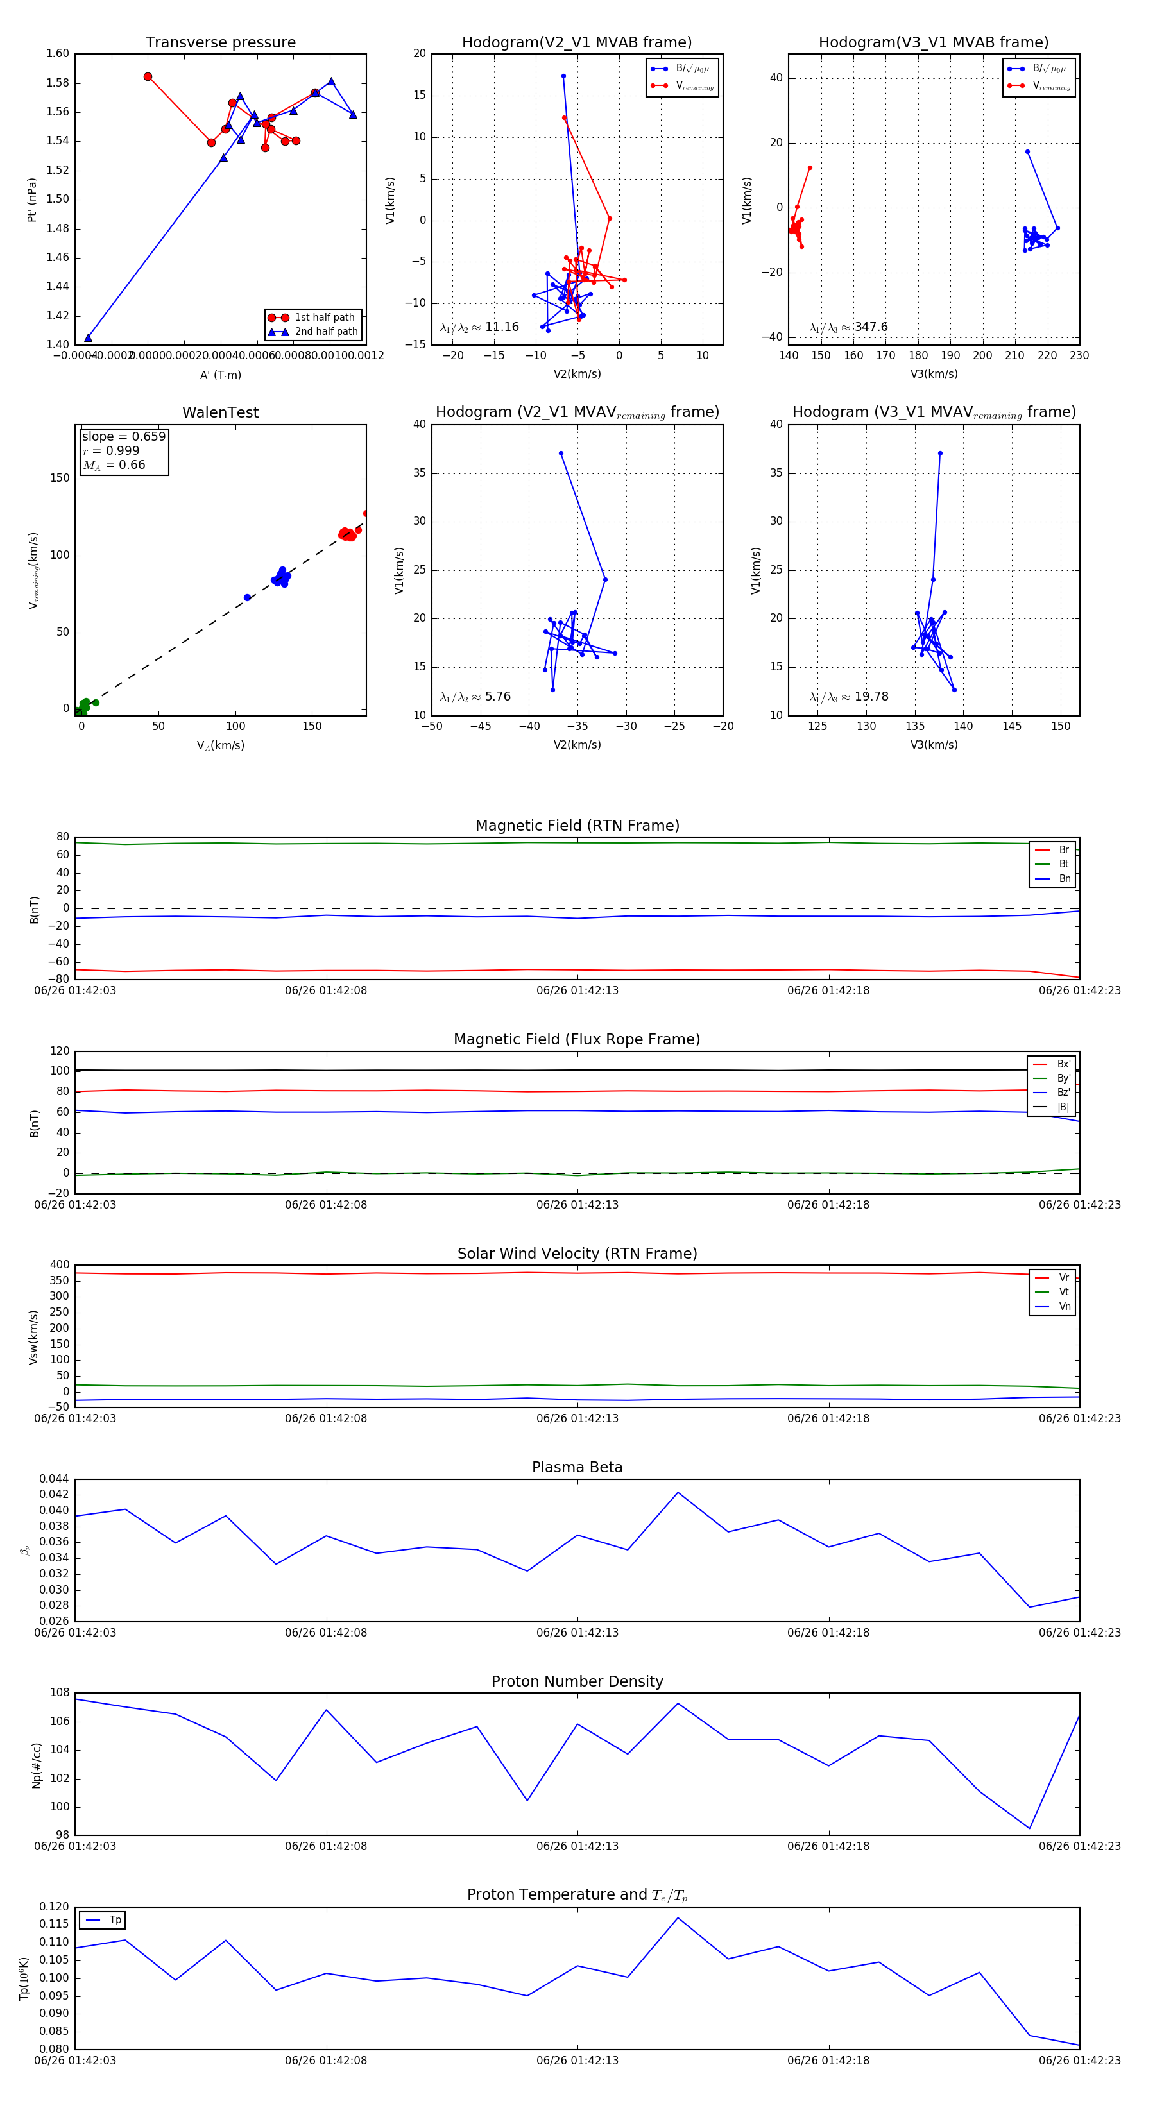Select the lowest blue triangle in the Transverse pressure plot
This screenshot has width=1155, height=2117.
tap(88, 338)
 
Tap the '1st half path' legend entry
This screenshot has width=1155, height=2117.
tap(324, 317)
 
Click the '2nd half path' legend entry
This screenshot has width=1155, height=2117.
tap(325, 332)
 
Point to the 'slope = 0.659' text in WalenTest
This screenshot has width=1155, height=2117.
tap(123, 436)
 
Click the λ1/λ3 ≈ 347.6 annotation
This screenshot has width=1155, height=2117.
tap(848, 327)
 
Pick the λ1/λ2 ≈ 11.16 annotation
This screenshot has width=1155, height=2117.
tap(479, 327)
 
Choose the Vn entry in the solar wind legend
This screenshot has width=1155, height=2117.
tap(1064, 1306)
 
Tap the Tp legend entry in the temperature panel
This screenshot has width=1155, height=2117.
tap(114, 1920)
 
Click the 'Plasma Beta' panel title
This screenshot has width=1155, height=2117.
tap(577, 1467)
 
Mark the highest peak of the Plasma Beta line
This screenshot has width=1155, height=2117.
tap(678, 1492)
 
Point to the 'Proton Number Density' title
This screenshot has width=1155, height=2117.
tap(577, 1681)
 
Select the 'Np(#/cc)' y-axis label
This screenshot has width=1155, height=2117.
tap(36, 1765)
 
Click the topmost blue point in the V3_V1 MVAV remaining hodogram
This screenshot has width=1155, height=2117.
tap(939, 453)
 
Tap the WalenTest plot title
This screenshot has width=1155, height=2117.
tap(220, 412)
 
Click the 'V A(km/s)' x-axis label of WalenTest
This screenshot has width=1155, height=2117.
tap(220, 745)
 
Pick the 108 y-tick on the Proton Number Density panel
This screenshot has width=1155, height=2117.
tap(59, 1692)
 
